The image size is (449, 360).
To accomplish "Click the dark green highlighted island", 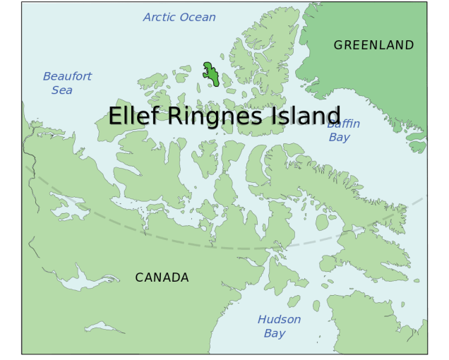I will click(210, 74).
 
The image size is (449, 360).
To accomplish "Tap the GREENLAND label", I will click(373, 45).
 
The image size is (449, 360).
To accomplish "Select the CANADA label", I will click(162, 277).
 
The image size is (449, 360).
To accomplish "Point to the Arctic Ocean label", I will click(179, 17).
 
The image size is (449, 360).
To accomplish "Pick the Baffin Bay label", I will click(344, 131).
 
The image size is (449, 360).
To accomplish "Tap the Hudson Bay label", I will click(278, 326).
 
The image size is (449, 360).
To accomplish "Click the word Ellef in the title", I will click(132, 116).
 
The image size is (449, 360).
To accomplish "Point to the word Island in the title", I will click(305, 116).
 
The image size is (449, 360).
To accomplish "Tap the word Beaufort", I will click(67, 76).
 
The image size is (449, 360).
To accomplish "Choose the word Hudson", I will click(279, 320).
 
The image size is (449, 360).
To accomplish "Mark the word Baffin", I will click(344, 124).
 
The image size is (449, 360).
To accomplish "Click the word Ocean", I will click(198, 17).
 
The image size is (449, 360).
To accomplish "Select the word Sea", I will click(61, 90).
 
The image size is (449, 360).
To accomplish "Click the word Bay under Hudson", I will click(275, 334).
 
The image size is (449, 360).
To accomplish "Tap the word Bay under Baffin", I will click(340, 138).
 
